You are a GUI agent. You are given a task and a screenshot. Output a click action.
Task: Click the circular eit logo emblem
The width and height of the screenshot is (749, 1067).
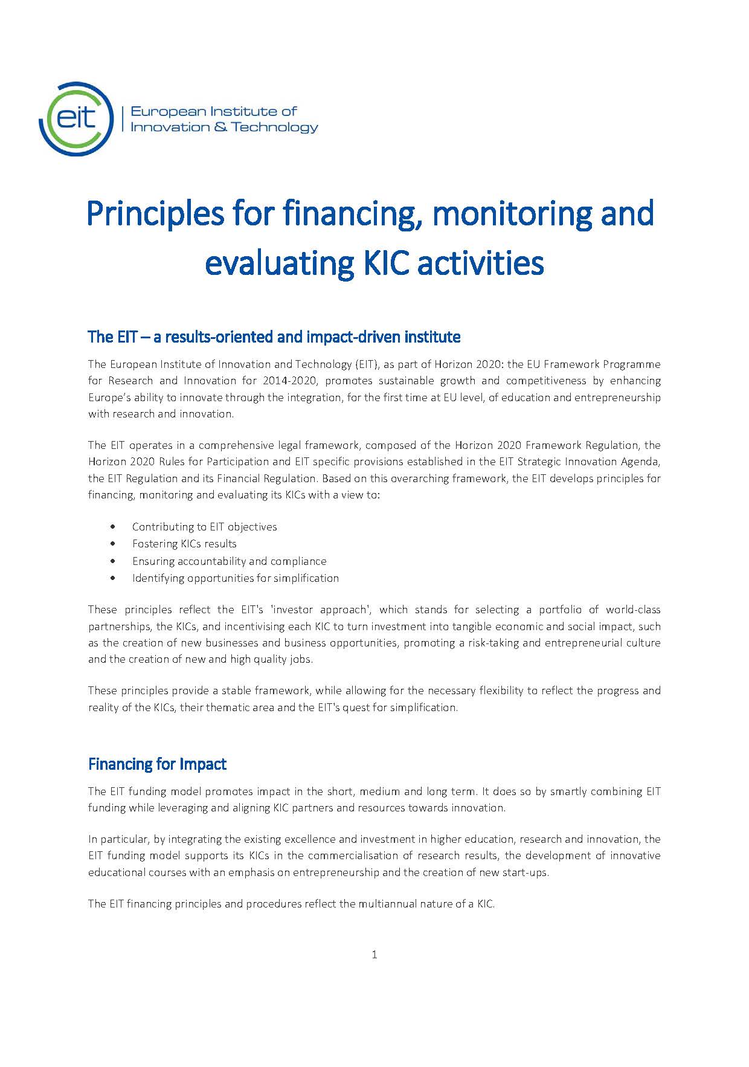(x=76, y=118)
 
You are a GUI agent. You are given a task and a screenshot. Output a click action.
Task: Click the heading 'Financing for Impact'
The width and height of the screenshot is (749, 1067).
(x=157, y=764)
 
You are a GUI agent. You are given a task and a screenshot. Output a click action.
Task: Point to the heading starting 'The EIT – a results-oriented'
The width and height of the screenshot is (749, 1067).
(x=274, y=337)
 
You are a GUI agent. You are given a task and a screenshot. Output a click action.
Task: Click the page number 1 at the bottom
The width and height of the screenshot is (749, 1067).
(x=374, y=955)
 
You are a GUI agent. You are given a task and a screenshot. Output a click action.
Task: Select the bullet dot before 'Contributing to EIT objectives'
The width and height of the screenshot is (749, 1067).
(x=113, y=527)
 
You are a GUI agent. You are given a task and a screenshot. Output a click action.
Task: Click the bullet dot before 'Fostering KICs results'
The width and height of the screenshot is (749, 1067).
(x=113, y=544)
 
